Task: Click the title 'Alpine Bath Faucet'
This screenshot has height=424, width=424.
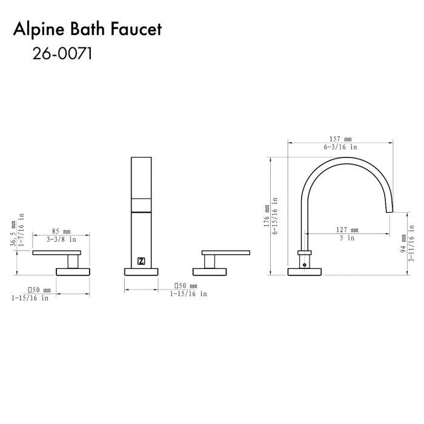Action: [87, 29]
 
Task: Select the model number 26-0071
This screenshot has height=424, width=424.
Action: [62, 53]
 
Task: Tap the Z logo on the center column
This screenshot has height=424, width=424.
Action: [141, 261]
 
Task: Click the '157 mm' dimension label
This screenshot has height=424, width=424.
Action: [340, 139]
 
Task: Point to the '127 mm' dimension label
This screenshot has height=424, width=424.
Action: [347, 230]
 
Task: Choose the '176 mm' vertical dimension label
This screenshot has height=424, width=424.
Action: [267, 216]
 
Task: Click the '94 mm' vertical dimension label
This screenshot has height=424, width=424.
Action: [403, 243]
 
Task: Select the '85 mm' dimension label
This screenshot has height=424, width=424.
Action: [61, 231]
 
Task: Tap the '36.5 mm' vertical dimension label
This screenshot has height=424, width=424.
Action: [13, 234]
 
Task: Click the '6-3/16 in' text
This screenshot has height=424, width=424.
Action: [340, 147]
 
